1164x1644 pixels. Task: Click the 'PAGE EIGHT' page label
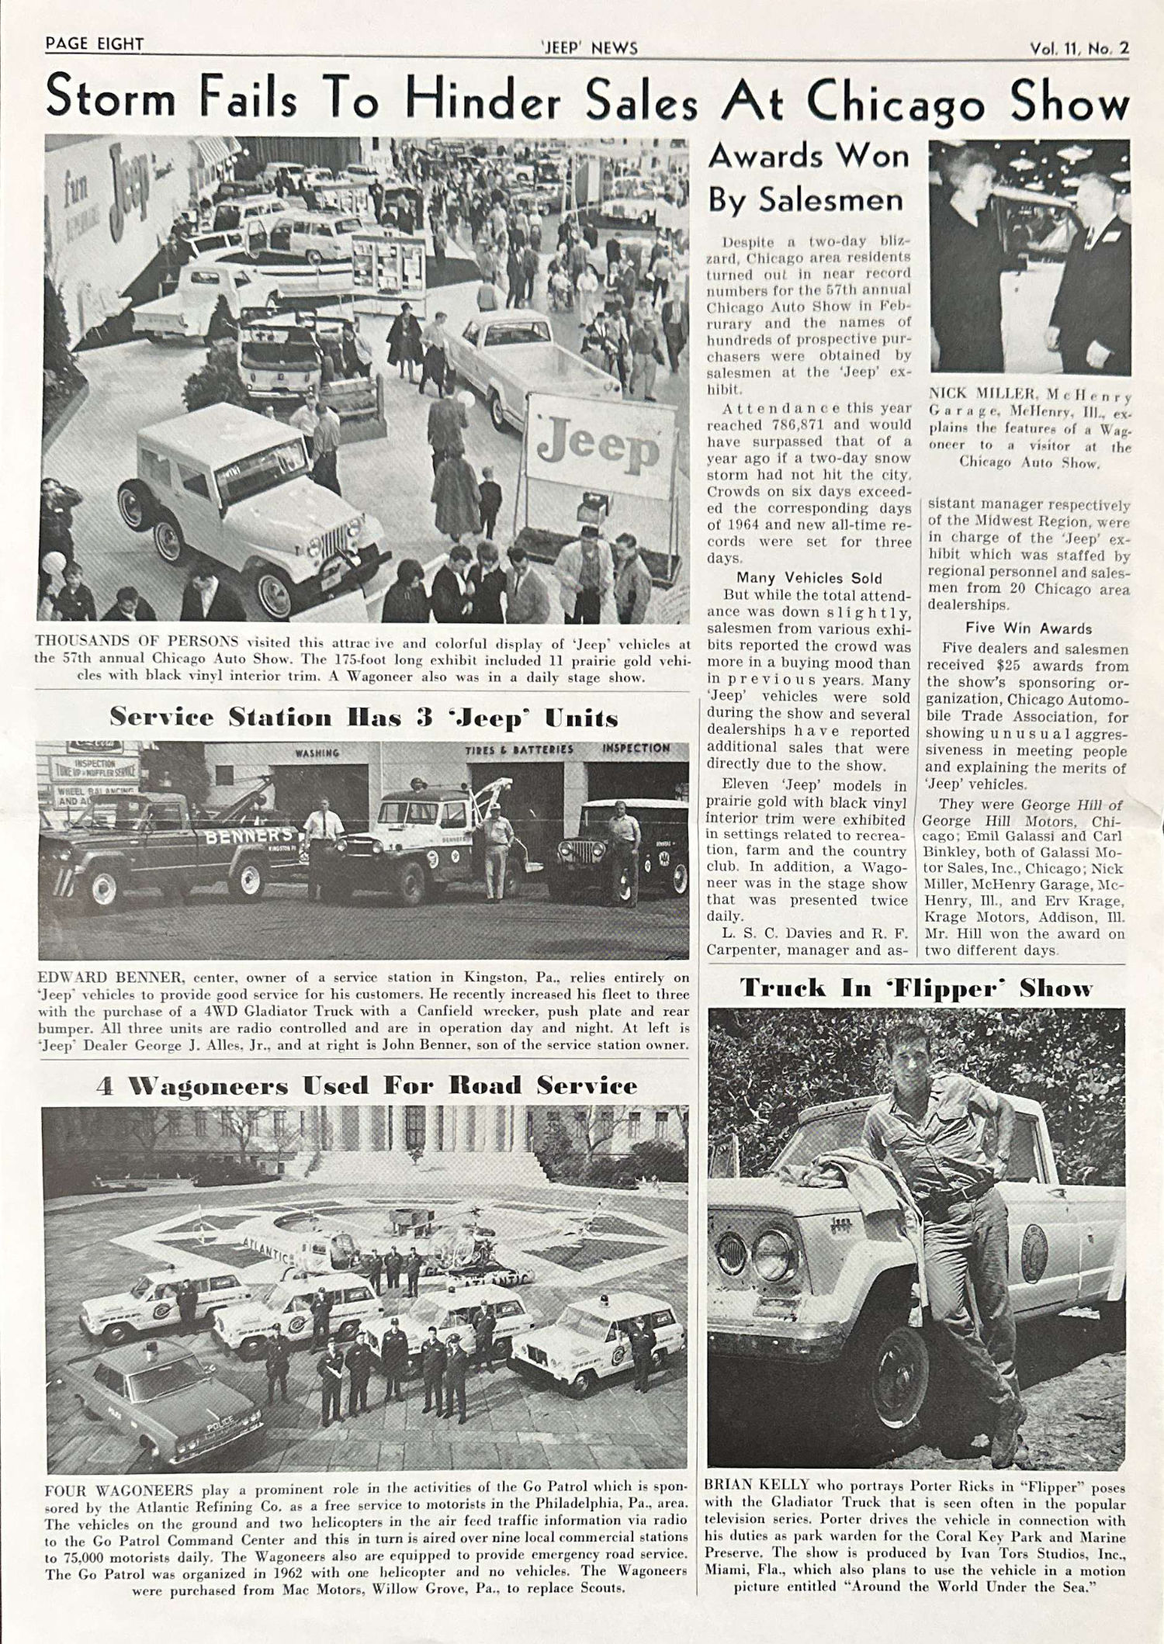pyautogui.click(x=95, y=44)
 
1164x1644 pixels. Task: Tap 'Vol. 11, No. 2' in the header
pyautogui.click(x=1079, y=48)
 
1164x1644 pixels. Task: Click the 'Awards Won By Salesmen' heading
pyautogui.click(x=807, y=178)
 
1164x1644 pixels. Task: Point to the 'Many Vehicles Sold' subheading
pyautogui.click(x=809, y=578)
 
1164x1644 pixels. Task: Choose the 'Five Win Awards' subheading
pyautogui.click(x=1028, y=628)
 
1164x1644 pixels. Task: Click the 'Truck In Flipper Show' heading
pyautogui.click(x=916, y=988)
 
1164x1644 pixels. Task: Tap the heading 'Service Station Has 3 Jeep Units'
pyautogui.click(x=363, y=717)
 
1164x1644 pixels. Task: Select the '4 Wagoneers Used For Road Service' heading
pyautogui.click(x=366, y=1085)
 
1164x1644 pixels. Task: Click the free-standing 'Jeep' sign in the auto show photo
pyautogui.click(x=600, y=446)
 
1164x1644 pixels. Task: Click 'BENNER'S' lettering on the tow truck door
pyautogui.click(x=248, y=836)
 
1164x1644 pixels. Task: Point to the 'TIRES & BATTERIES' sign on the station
pyautogui.click(x=519, y=749)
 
